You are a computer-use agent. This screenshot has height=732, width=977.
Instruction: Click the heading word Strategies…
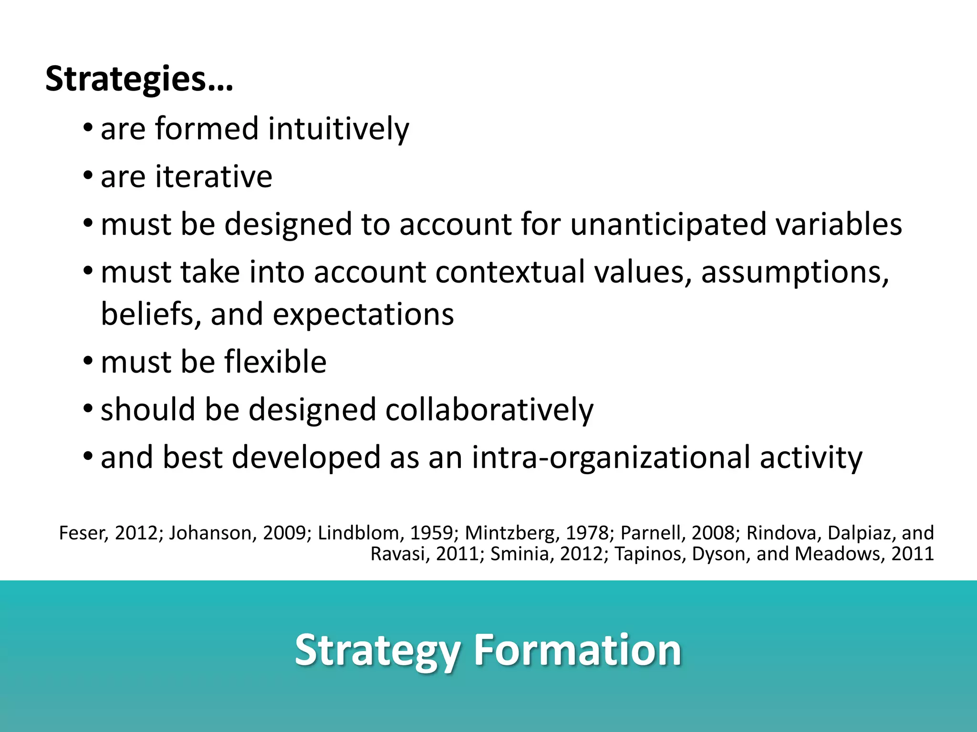click(139, 79)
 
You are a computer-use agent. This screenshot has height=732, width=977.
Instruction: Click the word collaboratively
click(489, 409)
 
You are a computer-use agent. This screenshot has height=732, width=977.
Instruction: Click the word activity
click(811, 457)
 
